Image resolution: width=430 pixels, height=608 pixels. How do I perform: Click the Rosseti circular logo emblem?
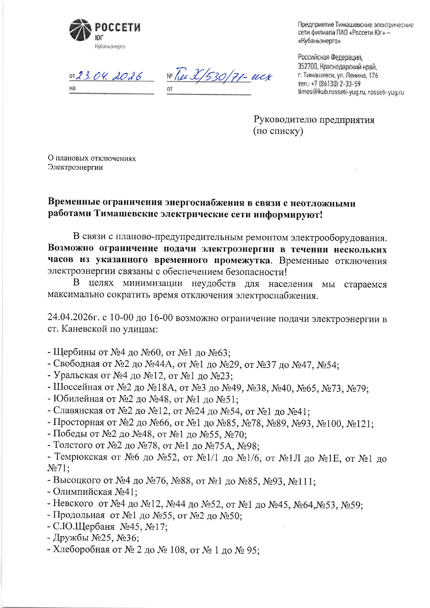[80, 30]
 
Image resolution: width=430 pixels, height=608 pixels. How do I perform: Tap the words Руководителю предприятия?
[314, 120]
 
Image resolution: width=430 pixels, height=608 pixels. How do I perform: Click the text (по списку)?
[278, 131]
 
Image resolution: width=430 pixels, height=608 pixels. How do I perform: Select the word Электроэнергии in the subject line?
[75, 167]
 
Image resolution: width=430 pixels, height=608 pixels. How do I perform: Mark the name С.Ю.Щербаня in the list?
[84, 527]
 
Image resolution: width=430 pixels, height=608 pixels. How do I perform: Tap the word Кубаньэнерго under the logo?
[110, 46]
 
